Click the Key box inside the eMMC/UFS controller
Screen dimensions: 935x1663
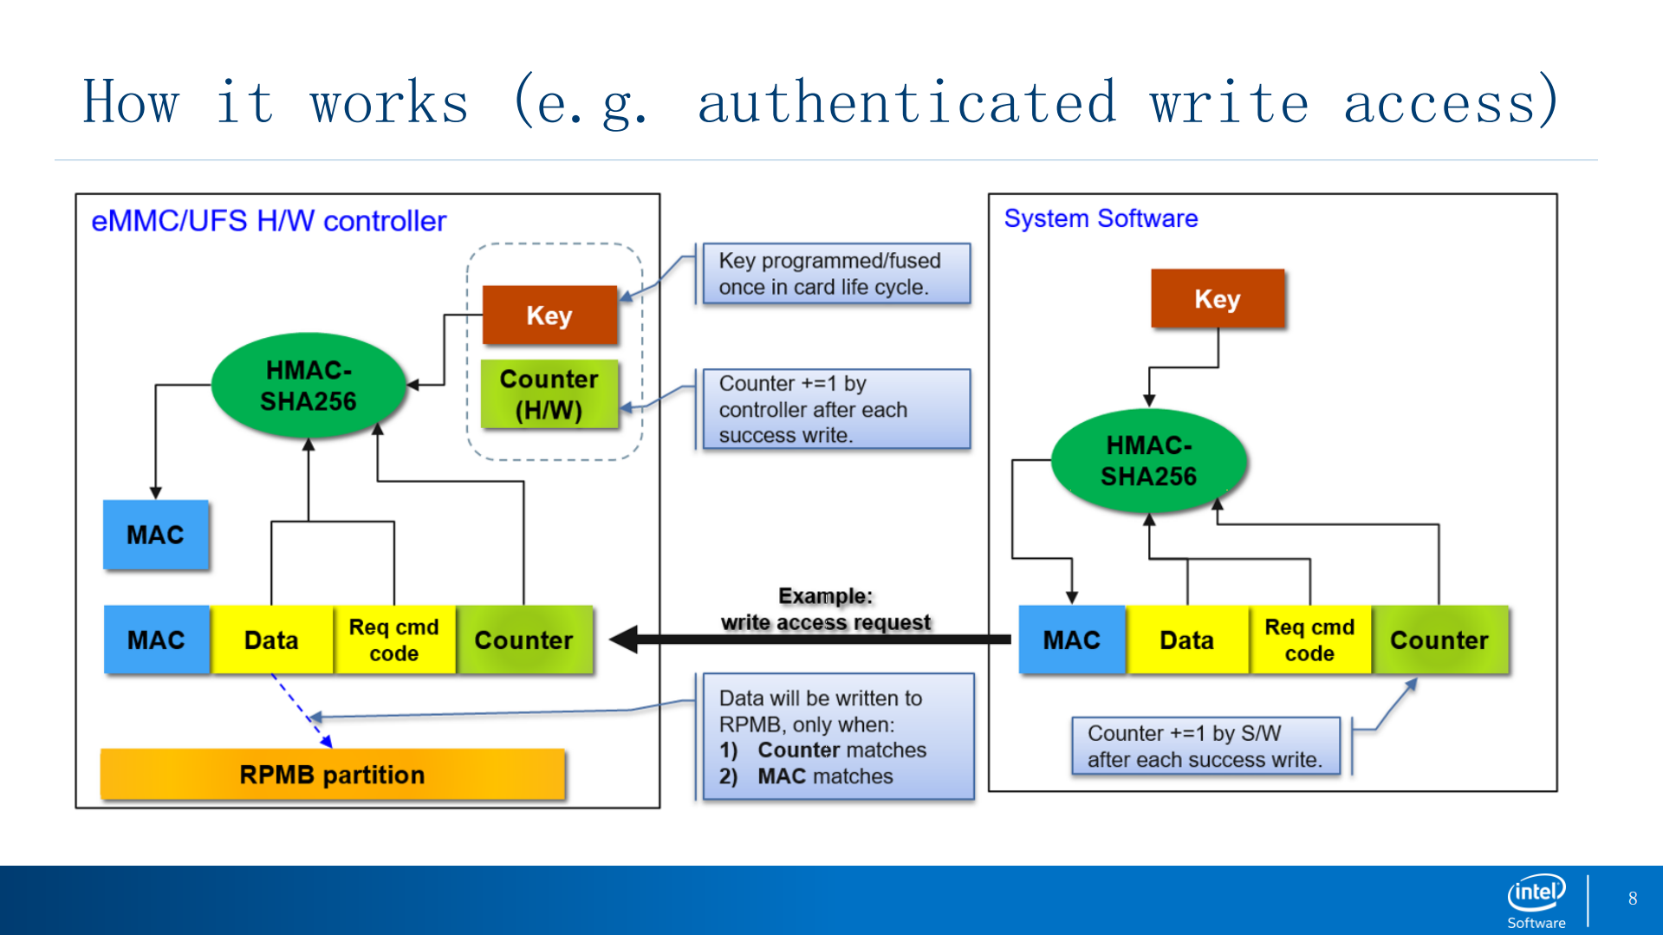549,315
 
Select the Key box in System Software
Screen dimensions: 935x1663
1217,299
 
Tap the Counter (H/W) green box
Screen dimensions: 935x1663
549,394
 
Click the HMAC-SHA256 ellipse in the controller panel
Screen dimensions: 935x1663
309,386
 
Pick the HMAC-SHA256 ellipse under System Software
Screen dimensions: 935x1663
1148,461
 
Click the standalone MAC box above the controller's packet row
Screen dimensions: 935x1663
156,535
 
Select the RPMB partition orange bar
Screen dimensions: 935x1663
332,774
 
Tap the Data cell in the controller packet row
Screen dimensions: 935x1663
271,640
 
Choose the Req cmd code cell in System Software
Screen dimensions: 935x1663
1309,640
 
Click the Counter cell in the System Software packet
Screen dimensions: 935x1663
1439,640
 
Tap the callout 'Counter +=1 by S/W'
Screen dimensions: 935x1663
1205,746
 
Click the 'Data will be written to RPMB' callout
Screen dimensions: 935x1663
837,737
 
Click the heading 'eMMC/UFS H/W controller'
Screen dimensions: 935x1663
269,221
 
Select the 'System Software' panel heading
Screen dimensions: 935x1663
1101,218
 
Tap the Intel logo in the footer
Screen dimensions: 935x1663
1536,899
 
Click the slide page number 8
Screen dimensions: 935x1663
1633,899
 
